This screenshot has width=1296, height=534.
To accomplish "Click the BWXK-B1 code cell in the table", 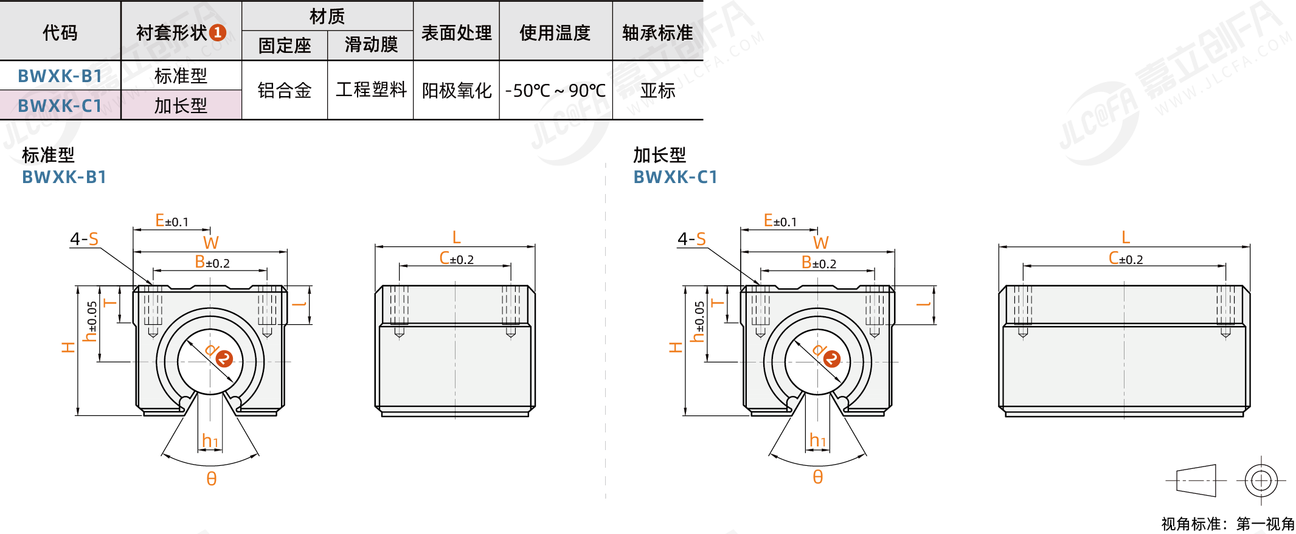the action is [60, 76].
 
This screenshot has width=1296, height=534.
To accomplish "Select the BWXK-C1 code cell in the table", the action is [60, 106].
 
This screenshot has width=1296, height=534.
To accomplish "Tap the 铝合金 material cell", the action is [285, 91].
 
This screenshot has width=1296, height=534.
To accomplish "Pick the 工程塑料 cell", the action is [371, 90].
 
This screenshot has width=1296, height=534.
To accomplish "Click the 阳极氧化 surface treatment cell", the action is [457, 91].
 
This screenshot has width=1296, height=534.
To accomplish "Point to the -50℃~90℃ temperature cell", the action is [555, 91].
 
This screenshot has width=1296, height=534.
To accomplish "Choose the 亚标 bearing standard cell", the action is [658, 91].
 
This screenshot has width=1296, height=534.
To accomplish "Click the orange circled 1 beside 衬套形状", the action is [218, 33].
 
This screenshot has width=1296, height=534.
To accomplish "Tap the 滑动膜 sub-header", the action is [371, 44].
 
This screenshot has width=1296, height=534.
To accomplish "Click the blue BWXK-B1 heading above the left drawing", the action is [64, 177].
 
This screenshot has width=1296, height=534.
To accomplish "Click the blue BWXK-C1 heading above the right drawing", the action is [676, 177].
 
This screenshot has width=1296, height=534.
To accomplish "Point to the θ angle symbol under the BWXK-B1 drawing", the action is [211, 479].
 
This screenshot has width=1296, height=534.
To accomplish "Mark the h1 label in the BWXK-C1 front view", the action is [818, 440].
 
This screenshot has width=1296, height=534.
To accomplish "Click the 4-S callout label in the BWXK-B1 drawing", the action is [84, 238].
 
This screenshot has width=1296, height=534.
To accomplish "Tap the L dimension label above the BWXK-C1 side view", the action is [1126, 237].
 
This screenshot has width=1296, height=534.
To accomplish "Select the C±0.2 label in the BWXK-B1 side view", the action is [457, 258].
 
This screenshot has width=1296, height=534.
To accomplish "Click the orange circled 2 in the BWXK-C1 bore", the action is [832, 359].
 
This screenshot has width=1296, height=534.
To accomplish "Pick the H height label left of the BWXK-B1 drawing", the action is [68, 347].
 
